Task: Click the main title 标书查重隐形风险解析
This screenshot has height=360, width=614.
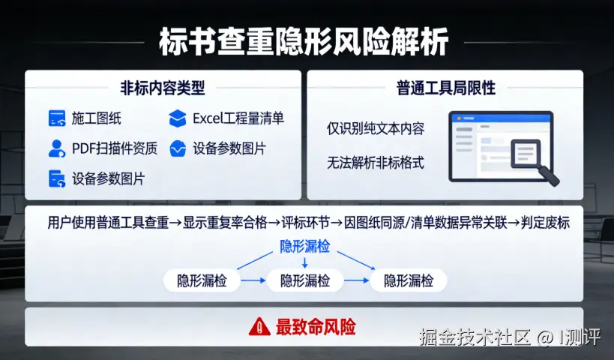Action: click(304, 41)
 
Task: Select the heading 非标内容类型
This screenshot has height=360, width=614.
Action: click(163, 88)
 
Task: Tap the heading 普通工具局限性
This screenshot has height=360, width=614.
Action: click(446, 88)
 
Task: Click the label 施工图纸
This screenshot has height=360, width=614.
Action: click(96, 118)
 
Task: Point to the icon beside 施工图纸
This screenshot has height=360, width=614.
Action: click(57, 118)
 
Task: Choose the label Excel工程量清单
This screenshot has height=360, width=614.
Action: click(238, 118)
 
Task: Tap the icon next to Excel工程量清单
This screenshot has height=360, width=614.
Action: click(178, 118)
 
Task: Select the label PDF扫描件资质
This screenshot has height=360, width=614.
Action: click(115, 148)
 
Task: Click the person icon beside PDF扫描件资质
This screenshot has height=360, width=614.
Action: click(57, 148)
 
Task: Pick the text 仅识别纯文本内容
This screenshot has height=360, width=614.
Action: click(376, 128)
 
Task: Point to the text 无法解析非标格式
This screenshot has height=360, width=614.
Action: click(376, 162)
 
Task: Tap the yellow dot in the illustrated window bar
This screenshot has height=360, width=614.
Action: click(459, 118)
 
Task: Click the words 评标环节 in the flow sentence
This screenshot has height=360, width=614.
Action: click(305, 223)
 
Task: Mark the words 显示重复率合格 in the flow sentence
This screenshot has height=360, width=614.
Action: click(225, 223)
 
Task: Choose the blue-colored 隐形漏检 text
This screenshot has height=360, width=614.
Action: click(304, 247)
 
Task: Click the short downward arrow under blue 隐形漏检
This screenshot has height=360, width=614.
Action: click(304, 262)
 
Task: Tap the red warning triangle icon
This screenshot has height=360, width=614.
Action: click(259, 327)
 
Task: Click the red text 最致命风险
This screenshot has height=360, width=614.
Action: click(316, 327)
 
